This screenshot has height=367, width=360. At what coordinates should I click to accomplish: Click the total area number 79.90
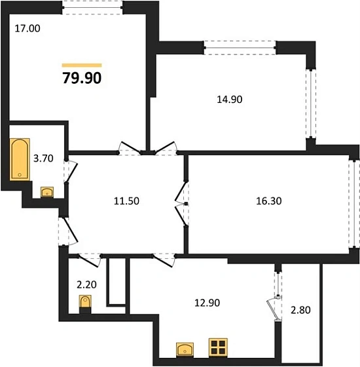[82, 79]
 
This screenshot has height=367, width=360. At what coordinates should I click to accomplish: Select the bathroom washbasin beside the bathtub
[47, 192]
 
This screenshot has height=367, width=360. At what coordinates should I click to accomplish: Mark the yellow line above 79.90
[82, 66]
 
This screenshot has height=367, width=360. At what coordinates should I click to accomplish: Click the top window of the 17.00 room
[93, 6]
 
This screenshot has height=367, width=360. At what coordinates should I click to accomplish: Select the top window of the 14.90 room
[240, 47]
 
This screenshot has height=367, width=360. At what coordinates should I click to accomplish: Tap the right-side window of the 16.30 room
[354, 203]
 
